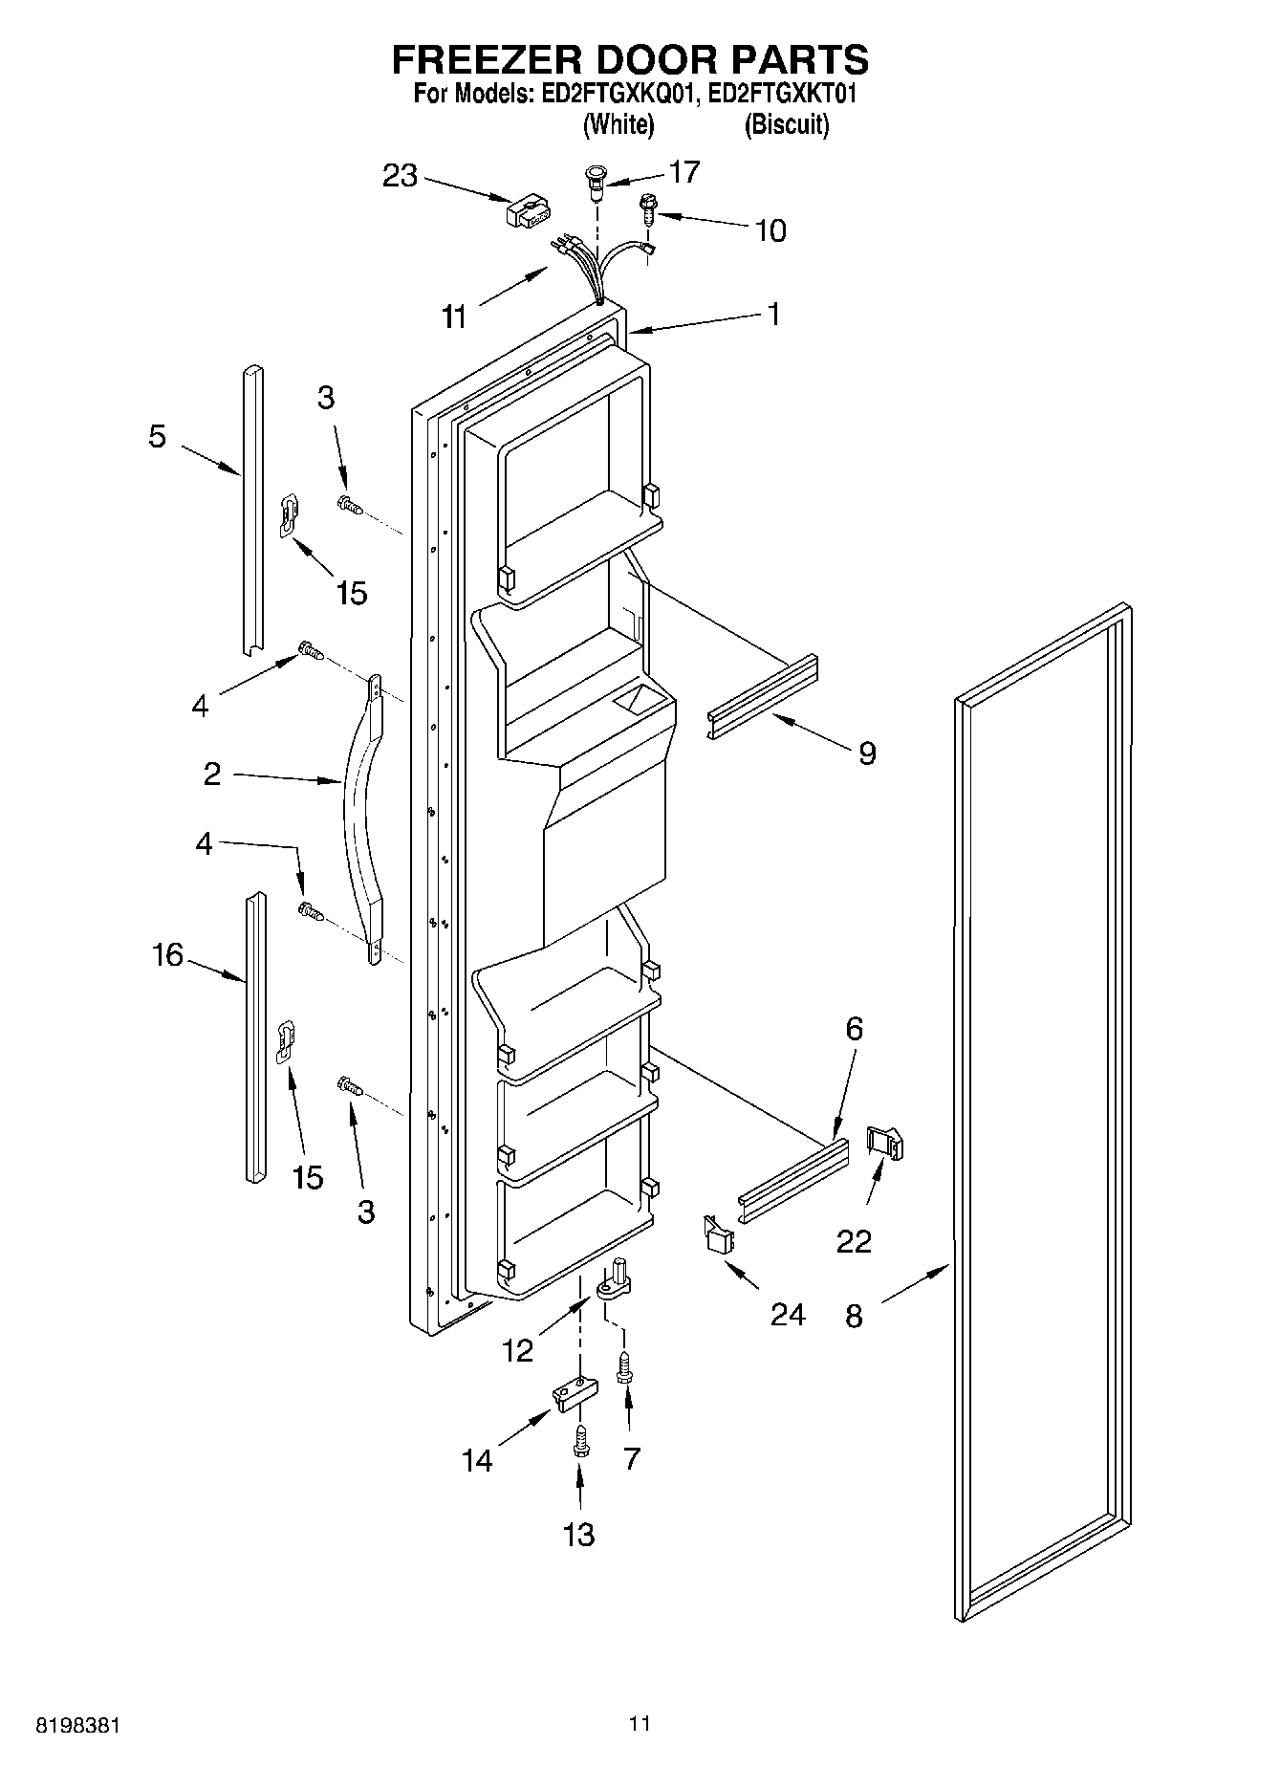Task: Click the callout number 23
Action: (x=401, y=176)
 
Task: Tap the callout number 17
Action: (x=684, y=172)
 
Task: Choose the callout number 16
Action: (x=167, y=954)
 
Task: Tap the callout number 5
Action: (x=158, y=437)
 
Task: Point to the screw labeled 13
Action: (x=579, y=1439)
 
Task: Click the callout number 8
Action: (x=854, y=1317)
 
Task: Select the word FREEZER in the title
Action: (x=482, y=60)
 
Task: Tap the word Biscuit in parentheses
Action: (x=787, y=124)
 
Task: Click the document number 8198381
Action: (x=77, y=1725)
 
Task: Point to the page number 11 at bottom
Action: (x=640, y=1723)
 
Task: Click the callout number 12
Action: (x=517, y=1350)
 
